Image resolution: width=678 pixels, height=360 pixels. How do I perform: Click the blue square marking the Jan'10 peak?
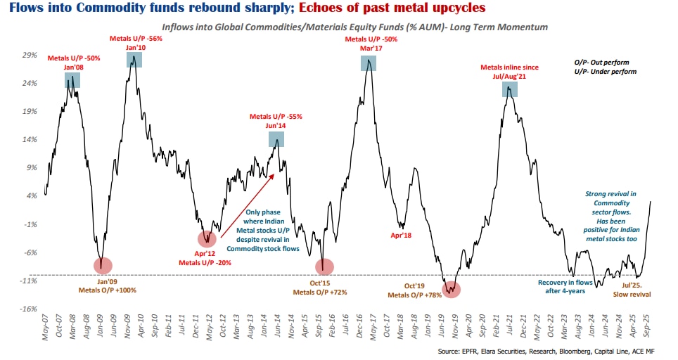[x=135, y=60]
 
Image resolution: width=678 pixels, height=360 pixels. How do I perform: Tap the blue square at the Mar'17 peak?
[x=369, y=63]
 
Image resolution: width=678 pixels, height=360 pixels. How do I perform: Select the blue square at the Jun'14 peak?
[x=277, y=139]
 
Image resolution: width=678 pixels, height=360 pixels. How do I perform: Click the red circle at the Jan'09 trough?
[x=102, y=266]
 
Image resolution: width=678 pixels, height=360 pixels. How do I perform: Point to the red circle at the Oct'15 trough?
[x=324, y=266]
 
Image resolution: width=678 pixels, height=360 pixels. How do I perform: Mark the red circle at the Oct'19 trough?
[x=452, y=288]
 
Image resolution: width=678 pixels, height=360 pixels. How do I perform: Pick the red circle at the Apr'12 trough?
[x=207, y=238]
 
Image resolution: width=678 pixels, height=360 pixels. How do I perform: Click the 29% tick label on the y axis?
[x=30, y=54]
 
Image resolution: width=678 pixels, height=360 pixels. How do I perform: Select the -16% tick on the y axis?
[x=29, y=309]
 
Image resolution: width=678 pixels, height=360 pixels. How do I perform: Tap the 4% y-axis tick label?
[x=32, y=195]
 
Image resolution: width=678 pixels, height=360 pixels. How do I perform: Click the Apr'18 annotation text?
[x=401, y=235]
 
